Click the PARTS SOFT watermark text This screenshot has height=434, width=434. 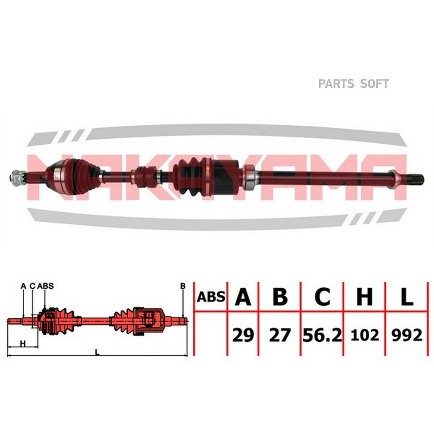(x=353, y=83)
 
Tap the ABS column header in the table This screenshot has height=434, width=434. (x=211, y=297)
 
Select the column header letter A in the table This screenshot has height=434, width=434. (x=243, y=297)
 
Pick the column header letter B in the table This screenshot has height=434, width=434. (x=280, y=297)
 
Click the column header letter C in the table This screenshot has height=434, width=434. (x=323, y=297)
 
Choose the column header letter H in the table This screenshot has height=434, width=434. (x=365, y=297)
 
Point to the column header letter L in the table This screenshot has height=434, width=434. (x=407, y=297)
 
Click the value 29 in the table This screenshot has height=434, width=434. (x=243, y=335)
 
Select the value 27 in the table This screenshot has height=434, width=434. (x=280, y=335)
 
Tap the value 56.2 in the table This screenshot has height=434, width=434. (x=322, y=335)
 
